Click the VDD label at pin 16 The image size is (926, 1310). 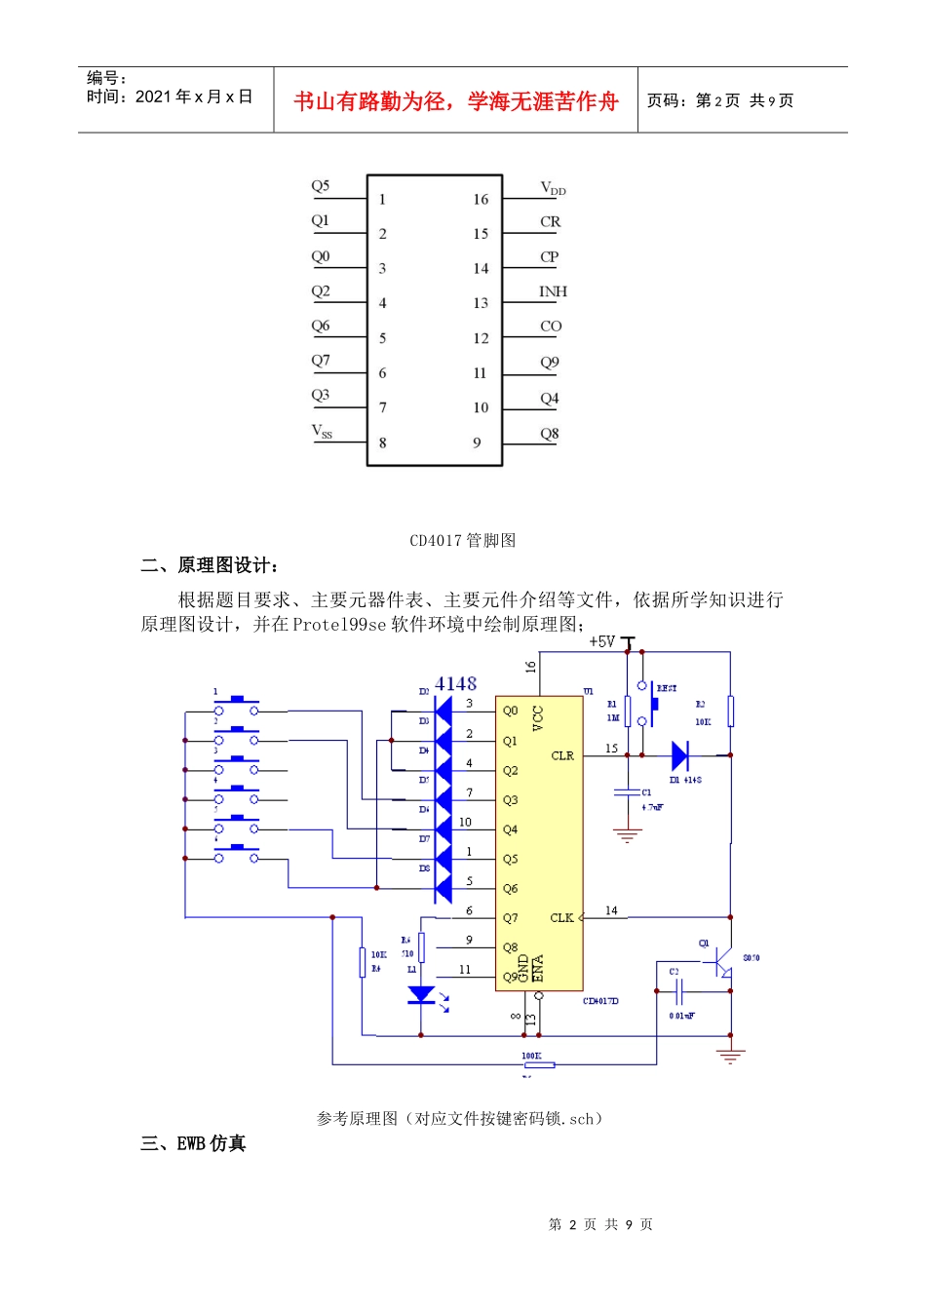click(x=552, y=188)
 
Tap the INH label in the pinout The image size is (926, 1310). click(x=552, y=291)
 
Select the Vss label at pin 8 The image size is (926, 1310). click(x=322, y=431)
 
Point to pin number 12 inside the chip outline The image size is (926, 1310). click(x=481, y=338)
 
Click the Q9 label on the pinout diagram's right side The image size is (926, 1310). click(x=550, y=363)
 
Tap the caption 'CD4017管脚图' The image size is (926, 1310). click(x=462, y=540)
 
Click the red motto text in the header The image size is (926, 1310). click(x=455, y=101)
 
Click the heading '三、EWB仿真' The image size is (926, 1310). click(x=193, y=1143)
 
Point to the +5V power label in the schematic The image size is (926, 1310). click(x=601, y=641)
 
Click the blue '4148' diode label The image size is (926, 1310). click(x=455, y=683)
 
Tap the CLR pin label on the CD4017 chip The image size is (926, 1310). click(x=562, y=755)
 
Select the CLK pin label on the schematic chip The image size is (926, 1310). click(x=561, y=917)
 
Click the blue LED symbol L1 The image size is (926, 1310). click(x=421, y=995)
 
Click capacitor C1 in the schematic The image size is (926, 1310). click(x=627, y=793)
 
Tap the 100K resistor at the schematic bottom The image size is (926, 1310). click(x=538, y=1064)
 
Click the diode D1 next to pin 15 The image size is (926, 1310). click(x=680, y=755)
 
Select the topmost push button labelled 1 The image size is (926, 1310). click(x=236, y=706)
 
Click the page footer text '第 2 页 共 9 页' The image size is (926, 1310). click(x=600, y=1224)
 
